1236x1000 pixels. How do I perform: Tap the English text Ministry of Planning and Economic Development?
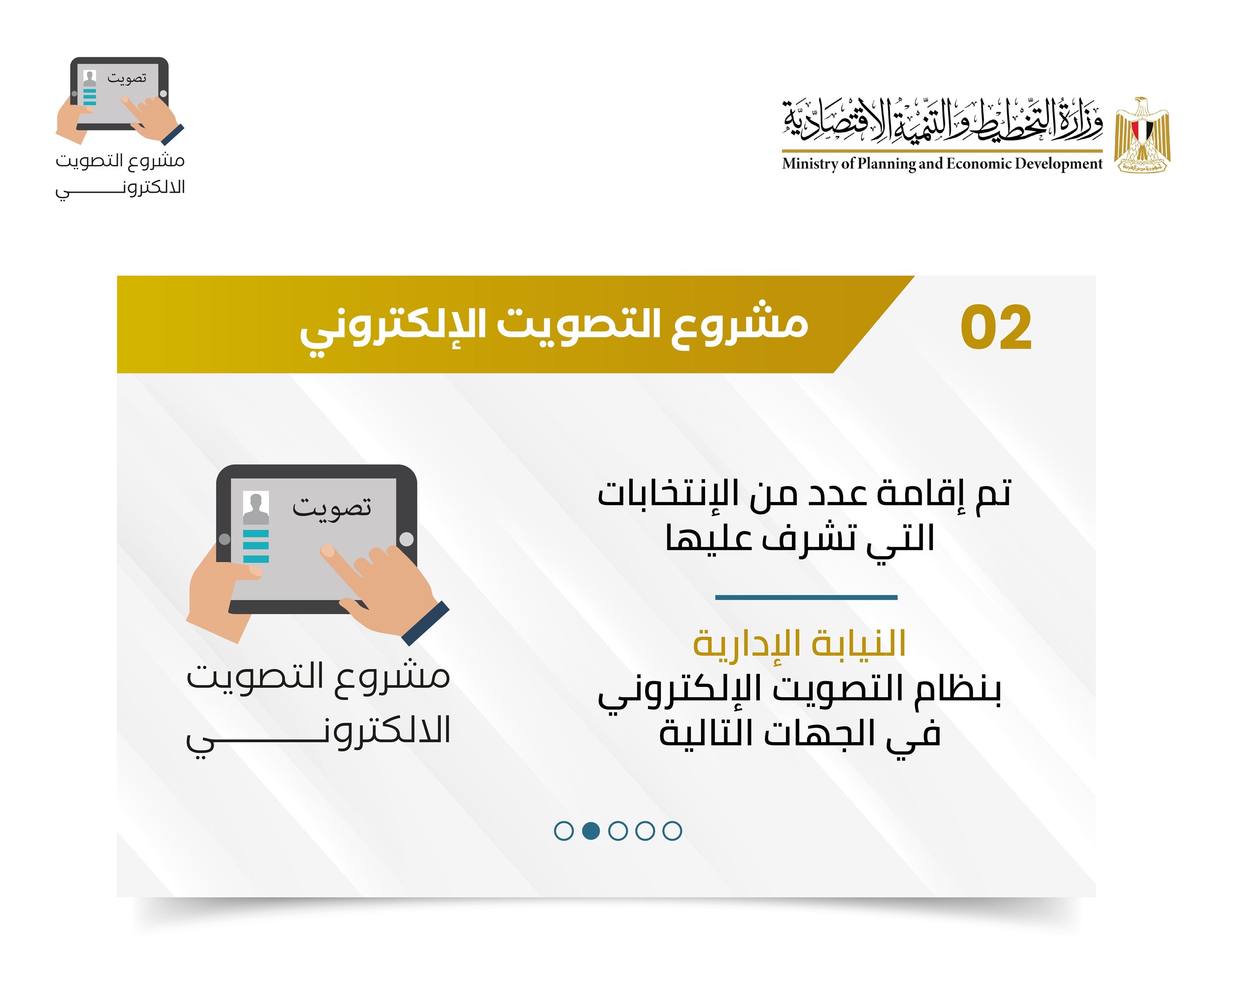pos(942,164)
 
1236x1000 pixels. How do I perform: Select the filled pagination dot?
pos(591,831)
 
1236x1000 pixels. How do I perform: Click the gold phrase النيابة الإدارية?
pos(799,643)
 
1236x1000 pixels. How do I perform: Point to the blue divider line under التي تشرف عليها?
pos(806,597)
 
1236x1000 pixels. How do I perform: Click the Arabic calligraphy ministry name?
pos(942,122)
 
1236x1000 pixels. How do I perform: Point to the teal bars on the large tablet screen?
pos(256,545)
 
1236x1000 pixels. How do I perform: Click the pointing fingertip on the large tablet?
pos(327,551)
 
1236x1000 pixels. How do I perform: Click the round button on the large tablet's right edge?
pos(406,539)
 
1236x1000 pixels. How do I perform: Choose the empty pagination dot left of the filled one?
pos(564,831)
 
